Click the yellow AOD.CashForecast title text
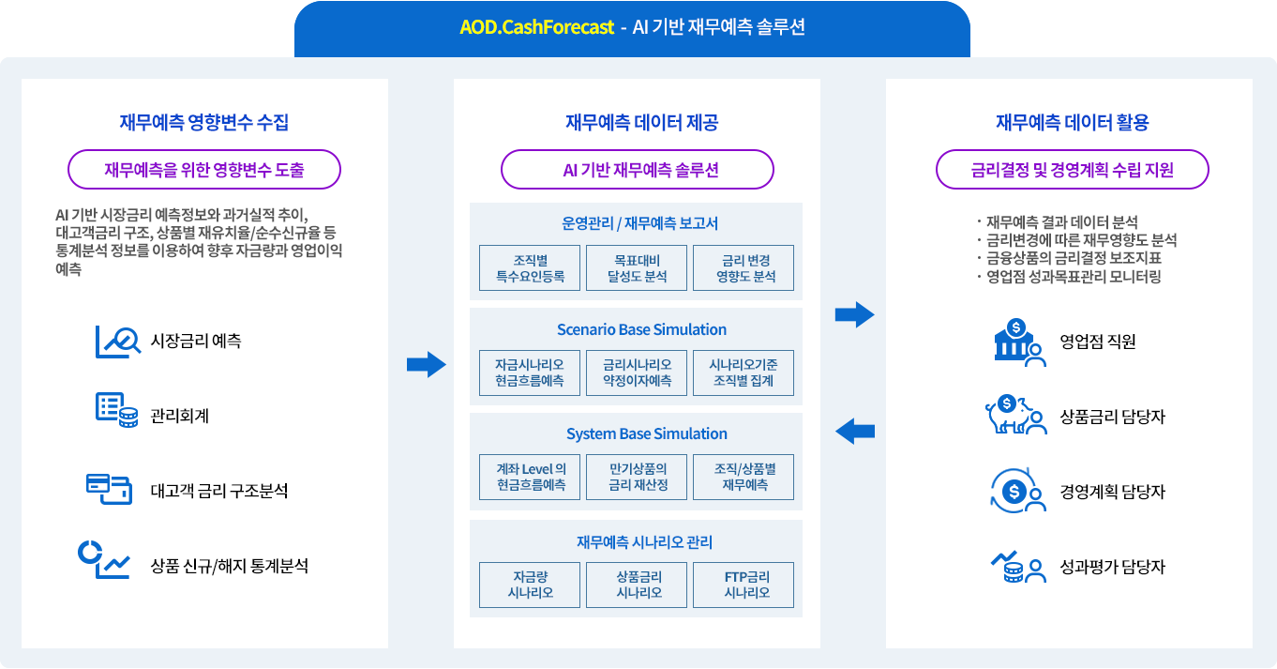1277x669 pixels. point(536,27)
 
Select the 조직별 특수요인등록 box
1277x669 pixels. point(530,268)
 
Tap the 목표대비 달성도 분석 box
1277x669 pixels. point(637,268)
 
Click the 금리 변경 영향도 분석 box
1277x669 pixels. point(744,268)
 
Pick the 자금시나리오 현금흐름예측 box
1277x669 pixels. point(530,373)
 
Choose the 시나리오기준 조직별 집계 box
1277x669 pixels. point(744,373)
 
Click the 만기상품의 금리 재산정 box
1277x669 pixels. point(637,477)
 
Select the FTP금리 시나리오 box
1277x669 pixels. point(744,585)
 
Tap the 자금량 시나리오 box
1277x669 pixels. point(530,585)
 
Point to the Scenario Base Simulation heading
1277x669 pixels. point(641,329)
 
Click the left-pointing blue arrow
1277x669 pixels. point(854,432)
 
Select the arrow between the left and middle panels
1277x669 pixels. point(426,364)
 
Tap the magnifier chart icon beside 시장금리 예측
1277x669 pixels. point(117,342)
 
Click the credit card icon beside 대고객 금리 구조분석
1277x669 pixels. point(108,488)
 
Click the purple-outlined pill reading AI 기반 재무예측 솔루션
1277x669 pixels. point(638,170)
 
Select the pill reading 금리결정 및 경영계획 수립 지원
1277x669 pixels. point(1073,170)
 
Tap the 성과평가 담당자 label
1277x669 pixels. point(1112,567)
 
